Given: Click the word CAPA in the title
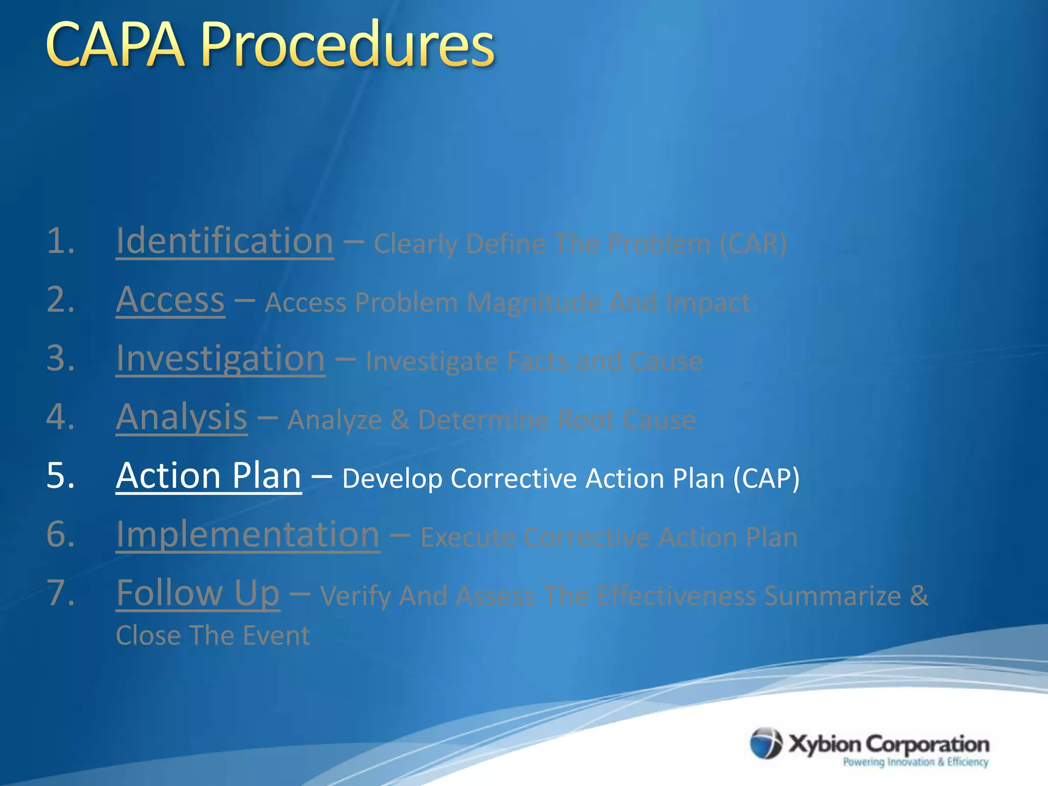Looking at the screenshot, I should (x=115, y=46).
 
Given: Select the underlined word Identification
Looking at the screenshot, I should (x=225, y=242).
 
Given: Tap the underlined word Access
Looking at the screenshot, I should (x=170, y=300).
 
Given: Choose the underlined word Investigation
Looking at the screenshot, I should (x=221, y=359).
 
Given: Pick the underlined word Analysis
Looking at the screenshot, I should (x=182, y=418).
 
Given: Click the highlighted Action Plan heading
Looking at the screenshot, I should (x=208, y=476).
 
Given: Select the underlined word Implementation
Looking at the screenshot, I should (x=248, y=535).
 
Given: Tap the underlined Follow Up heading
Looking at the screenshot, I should (x=198, y=594).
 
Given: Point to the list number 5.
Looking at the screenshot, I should (x=60, y=476).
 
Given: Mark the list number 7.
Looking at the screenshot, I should (x=60, y=594).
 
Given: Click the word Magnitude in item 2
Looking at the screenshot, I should (x=534, y=303).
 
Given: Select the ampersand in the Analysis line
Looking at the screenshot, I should (x=400, y=420).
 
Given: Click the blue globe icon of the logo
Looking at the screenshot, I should (x=766, y=743).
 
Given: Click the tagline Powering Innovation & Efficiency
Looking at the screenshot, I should (x=915, y=762).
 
